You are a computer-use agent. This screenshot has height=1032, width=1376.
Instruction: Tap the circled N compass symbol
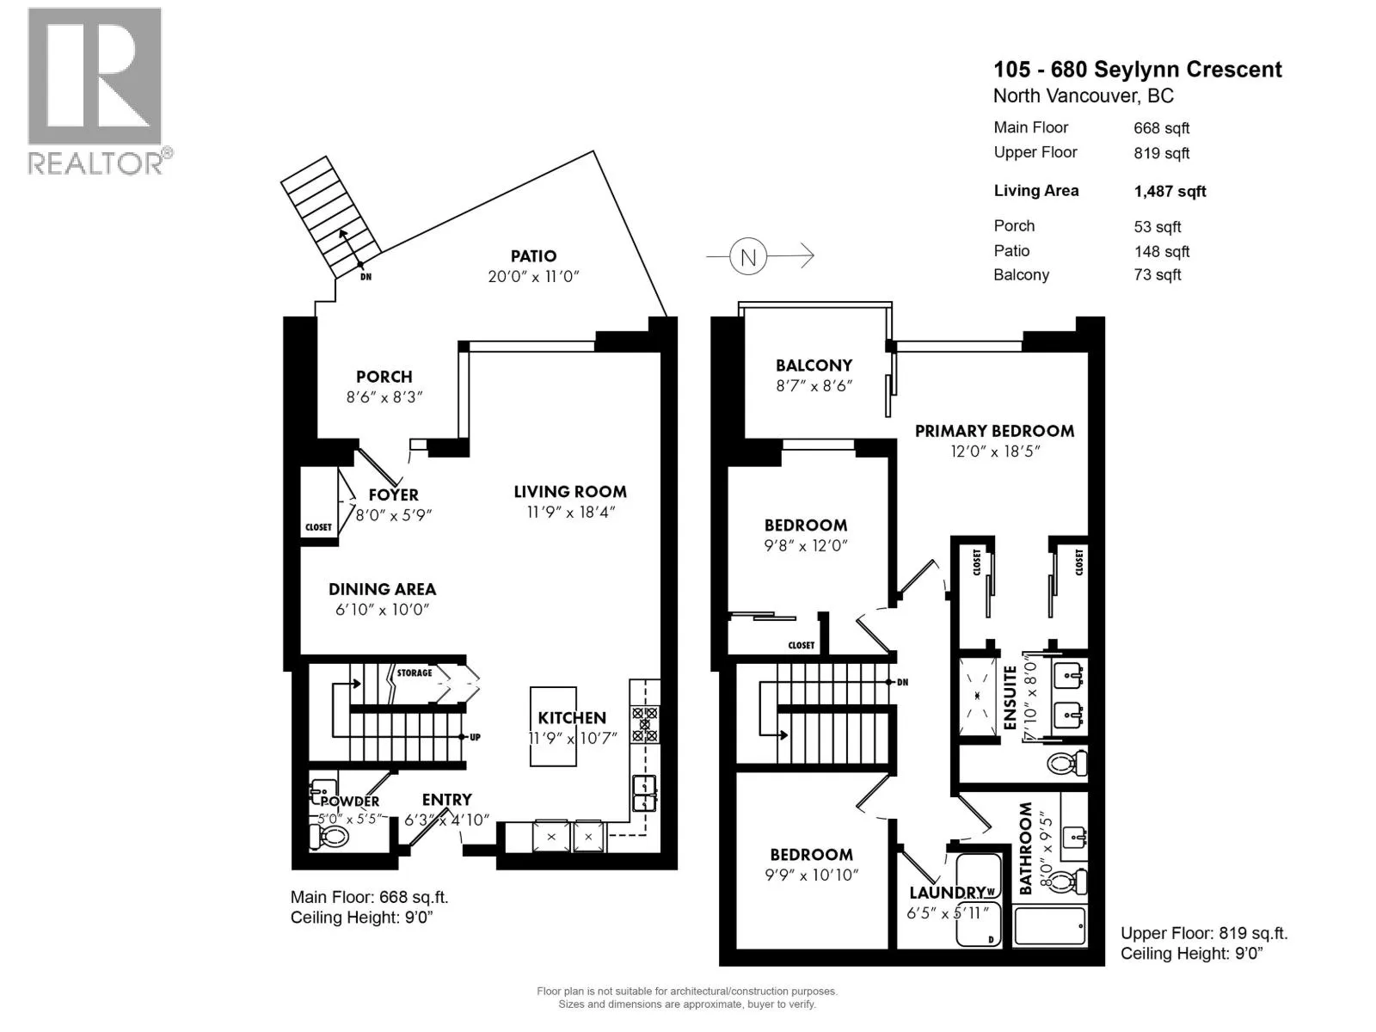coord(748,256)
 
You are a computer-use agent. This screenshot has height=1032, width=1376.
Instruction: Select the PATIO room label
coord(533,255)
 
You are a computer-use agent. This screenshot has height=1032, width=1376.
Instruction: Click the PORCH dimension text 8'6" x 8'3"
coord(384,397)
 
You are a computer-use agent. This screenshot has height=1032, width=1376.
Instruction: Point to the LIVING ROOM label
coord(570,492)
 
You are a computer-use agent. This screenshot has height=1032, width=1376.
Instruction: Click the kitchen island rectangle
coord(553,726)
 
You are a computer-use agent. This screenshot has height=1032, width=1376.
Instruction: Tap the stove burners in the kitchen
coord(644,724)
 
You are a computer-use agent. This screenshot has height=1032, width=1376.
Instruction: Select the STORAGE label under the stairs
coord(415,673)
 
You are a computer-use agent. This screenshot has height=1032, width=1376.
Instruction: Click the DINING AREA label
coord(382,589)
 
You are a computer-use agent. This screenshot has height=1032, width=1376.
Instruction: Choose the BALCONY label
coord(814,365)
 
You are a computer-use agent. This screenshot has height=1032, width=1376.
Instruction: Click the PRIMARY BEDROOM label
coord(994,431)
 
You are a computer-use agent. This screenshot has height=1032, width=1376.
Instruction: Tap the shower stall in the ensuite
coord(977,696)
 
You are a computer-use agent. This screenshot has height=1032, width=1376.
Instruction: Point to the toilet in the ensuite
coord(1067,764)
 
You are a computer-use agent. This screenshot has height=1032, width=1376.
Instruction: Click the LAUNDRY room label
coord(947,893)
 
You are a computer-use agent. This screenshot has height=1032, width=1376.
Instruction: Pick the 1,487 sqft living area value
coord(1170,192)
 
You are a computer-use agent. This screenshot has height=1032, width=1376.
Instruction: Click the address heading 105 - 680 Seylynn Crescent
coord(1138,70)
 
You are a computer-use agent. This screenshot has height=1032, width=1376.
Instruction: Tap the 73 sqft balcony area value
coord(1158,275)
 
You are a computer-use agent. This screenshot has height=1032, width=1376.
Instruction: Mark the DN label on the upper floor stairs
coord(903,682)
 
